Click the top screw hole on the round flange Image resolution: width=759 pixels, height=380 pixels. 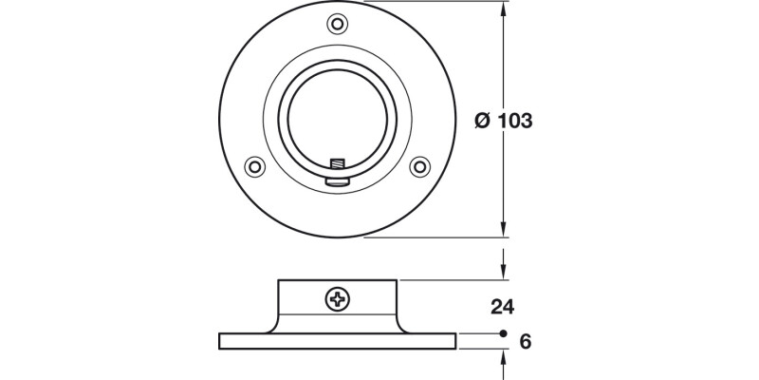[x=337, y=23]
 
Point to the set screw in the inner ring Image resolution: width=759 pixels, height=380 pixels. [x=336, y=169]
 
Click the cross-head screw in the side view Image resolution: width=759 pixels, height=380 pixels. [x=338, y=300]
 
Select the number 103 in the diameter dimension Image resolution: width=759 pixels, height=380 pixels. [x=514, y=121]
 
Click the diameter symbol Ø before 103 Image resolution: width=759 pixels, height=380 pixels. [x=481, y=121]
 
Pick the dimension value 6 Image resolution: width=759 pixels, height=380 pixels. [x=525, y=340]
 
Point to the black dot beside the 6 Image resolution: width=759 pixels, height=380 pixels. [x=502, y=334]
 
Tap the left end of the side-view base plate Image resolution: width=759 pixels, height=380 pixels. [x=221, y=340]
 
